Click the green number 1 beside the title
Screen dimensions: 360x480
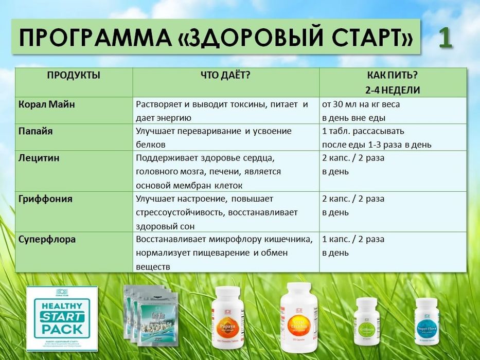tap(446, 39)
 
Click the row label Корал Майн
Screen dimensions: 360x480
tap(47, 104)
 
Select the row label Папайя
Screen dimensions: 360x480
tap(35, 131)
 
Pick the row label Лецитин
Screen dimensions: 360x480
tap(39, 158)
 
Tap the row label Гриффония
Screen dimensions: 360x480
tap(45, 199)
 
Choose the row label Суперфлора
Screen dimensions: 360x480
tap(47, 239)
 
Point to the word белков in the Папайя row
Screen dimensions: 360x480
tap(151, 145)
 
